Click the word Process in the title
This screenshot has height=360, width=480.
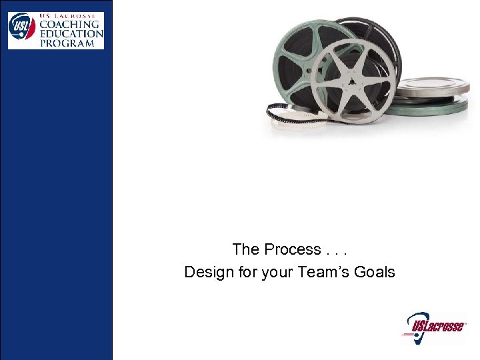click(x=292, y=249)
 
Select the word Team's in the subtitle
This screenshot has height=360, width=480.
click(x=323, y=272)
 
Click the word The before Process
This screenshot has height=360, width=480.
click(x=245, y=249)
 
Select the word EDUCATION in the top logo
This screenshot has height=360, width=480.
click(x=71, y=33)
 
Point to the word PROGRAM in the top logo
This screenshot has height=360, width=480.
click(x=67, y=43)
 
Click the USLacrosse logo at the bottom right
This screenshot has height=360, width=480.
click(x=434, y=327)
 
